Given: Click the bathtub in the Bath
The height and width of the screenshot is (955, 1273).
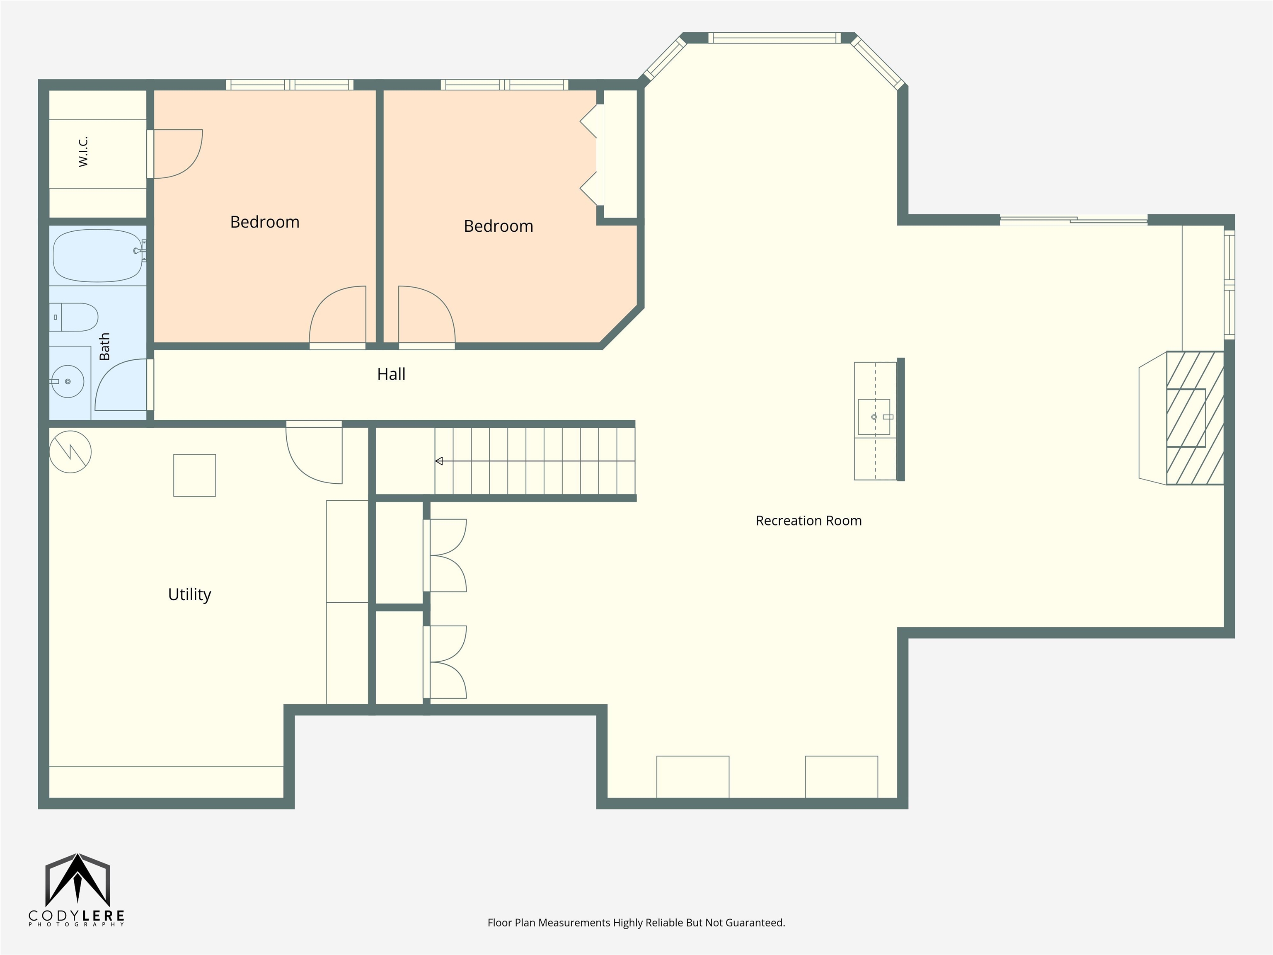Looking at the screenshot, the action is click(98, 255).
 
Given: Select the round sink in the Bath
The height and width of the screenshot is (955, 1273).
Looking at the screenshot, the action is click(68, 381).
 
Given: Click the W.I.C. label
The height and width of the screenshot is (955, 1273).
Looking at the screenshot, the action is click(83, 152).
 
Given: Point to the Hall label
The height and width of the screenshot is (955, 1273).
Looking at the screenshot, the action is click(391, 374).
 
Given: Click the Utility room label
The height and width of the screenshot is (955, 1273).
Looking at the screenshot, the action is click(189, 595).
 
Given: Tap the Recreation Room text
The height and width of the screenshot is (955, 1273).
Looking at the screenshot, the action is click(808, 521).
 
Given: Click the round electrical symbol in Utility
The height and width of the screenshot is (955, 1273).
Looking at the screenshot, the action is click(70, 452).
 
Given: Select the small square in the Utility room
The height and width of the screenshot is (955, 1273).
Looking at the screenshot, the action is click(194, 475).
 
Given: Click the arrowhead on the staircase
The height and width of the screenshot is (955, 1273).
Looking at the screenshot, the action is click(439, 461).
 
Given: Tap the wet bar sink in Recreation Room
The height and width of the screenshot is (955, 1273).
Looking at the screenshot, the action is click(874, 417).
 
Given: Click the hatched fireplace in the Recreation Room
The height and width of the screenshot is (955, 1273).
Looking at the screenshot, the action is click(1195, 418).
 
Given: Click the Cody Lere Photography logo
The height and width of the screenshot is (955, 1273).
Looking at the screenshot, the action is click(77, 890).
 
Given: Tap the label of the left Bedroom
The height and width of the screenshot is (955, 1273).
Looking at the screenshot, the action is click(265, 222).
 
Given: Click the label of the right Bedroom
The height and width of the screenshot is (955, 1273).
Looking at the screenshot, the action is click(499, 226).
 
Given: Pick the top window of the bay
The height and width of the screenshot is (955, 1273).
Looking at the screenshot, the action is click(774, 38).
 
